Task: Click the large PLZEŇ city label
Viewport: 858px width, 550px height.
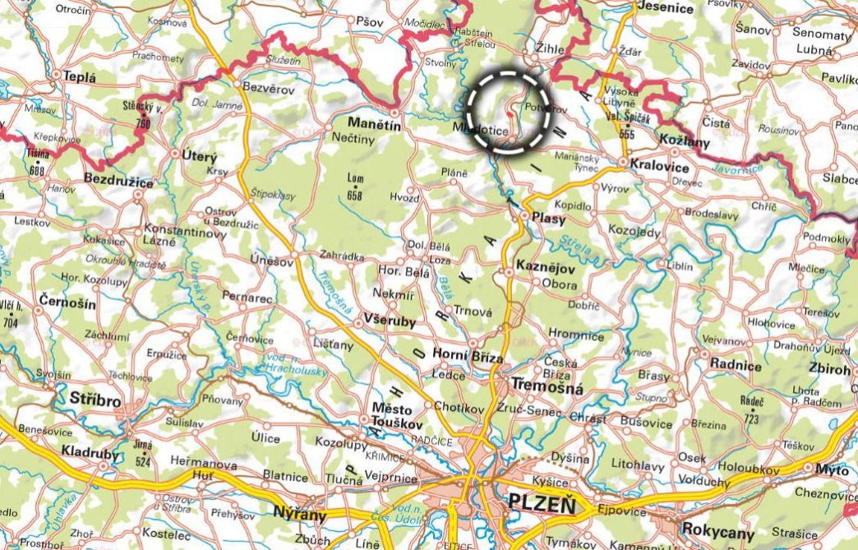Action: (x=542, y=501)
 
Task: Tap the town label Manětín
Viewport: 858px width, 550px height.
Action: (x=374, y=124)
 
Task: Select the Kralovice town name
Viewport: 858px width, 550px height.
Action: (x=660, y=164)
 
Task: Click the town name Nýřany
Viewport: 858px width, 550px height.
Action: (x=300, y=515)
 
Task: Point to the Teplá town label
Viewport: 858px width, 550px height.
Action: (x=81, y=77)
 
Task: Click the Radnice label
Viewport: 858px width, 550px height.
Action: (x=736, y=365)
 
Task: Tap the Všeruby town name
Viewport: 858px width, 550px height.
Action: (x=385, y=323)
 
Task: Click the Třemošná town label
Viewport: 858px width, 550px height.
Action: (x=547, y=386)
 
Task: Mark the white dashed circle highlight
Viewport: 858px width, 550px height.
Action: (x=508, y=112)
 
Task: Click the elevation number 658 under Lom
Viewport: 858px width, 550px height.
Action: (x=355, y=195)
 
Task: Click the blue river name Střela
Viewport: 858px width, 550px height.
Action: (x=574, y=243)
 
